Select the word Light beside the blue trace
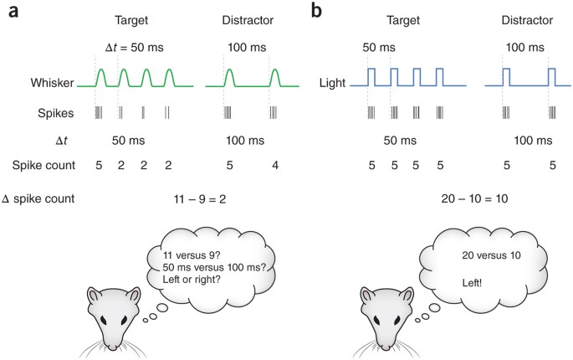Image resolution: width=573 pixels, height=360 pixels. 332,85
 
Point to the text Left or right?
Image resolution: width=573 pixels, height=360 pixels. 190,285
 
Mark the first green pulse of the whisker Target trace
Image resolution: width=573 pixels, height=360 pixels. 101,78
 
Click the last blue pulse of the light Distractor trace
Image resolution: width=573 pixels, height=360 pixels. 550,78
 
